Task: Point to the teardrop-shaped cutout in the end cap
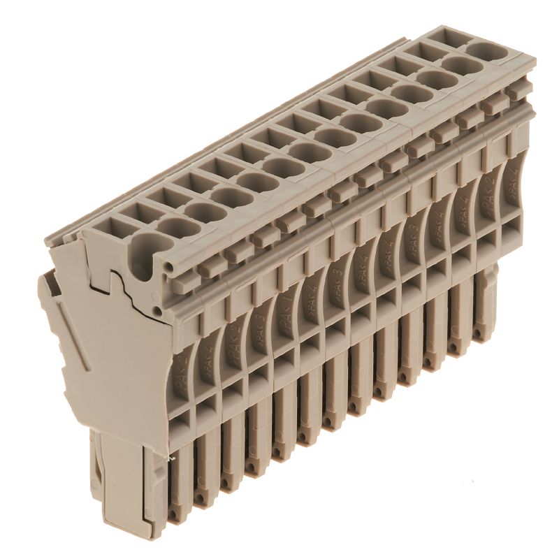point(144,259)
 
